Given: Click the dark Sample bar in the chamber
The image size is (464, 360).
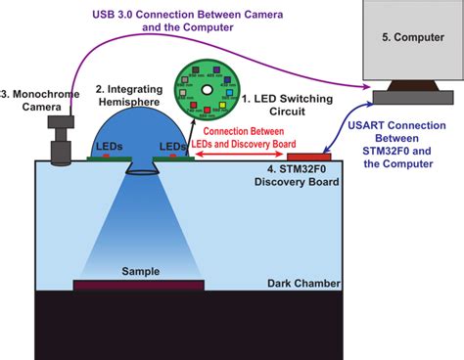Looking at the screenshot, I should coord(139,286).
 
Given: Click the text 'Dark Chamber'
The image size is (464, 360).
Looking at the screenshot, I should coord(303,285).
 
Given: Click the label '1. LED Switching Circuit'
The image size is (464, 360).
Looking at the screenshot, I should coord(288,105).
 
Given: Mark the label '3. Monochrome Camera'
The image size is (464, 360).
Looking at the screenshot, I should coord(37,102).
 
